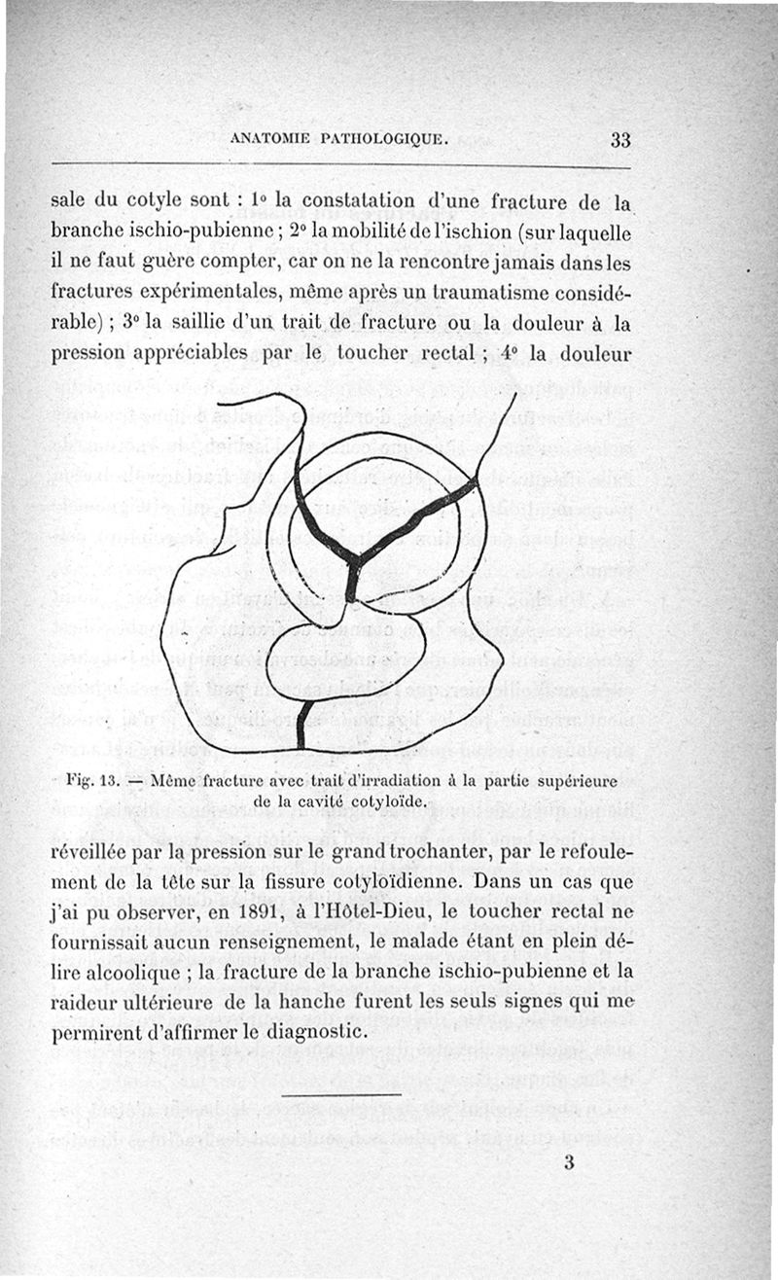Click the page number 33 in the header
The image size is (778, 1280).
[621, 139]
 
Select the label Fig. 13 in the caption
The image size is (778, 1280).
[92, 781]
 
